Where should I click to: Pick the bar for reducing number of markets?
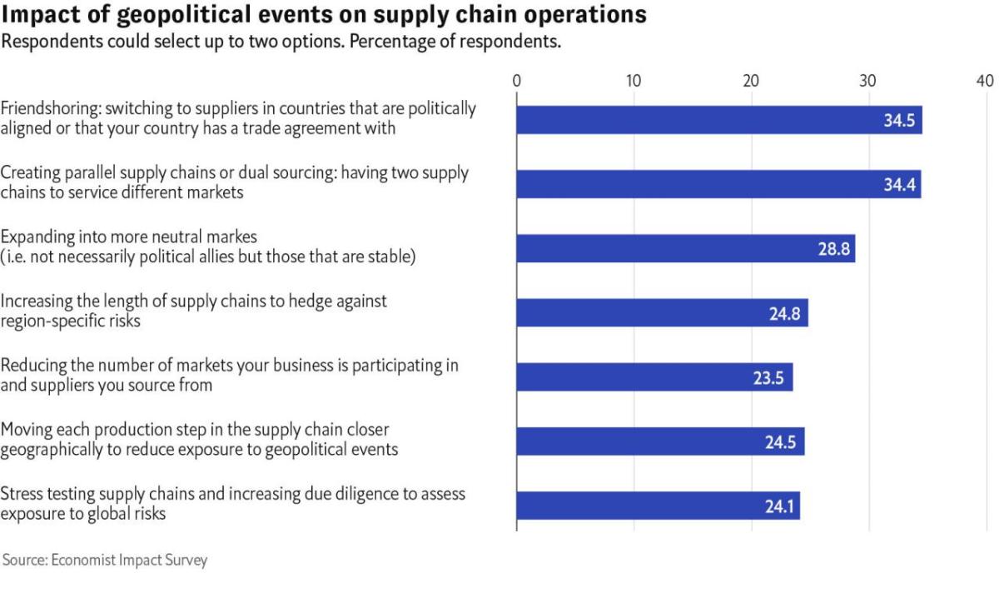654,377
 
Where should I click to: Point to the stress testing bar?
658,506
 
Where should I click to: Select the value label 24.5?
780,442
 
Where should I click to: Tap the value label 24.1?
778,506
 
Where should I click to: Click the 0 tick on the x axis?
517,81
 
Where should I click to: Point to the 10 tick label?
634,81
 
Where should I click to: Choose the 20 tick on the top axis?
751,81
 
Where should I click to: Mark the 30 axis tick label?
867,81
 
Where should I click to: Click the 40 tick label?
984,81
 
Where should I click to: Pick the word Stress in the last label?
21,495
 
